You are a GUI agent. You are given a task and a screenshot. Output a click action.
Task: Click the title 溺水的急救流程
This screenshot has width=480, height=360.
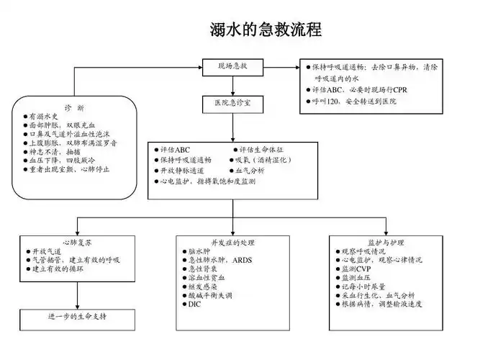pyautogui.click(x=266, y=30)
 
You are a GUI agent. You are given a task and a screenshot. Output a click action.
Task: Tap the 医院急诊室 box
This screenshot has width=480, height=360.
pyautogui.click(x=232, y=103)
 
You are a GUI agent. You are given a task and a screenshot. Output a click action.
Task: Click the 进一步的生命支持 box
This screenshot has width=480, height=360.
pyautogui.click(x=77, y=316)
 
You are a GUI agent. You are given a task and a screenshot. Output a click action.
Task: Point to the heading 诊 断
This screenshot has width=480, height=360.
pyautogui.click(x=75, y=107)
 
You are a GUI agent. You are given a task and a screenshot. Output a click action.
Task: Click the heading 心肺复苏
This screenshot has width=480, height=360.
pyautogui.click(x=76, y=243)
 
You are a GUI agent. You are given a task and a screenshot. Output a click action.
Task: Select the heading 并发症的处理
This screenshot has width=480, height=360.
pyautogui.click(x=232, y=243)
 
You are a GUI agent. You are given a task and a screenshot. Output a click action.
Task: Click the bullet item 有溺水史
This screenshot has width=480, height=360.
pyautogui.click(x=43, y=116)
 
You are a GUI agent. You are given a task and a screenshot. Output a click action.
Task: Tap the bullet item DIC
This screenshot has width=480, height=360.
pyautogui.click(x=194, y=305)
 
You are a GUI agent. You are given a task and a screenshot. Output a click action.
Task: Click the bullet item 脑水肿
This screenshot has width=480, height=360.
pyautogui.click(x=198, y=251)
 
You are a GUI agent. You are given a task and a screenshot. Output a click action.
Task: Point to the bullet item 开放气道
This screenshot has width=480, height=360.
pyautogui.click(x=47, y=251)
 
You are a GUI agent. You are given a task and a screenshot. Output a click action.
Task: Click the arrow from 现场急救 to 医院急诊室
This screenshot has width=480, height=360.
pyautogui.click(x=232, y=85)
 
